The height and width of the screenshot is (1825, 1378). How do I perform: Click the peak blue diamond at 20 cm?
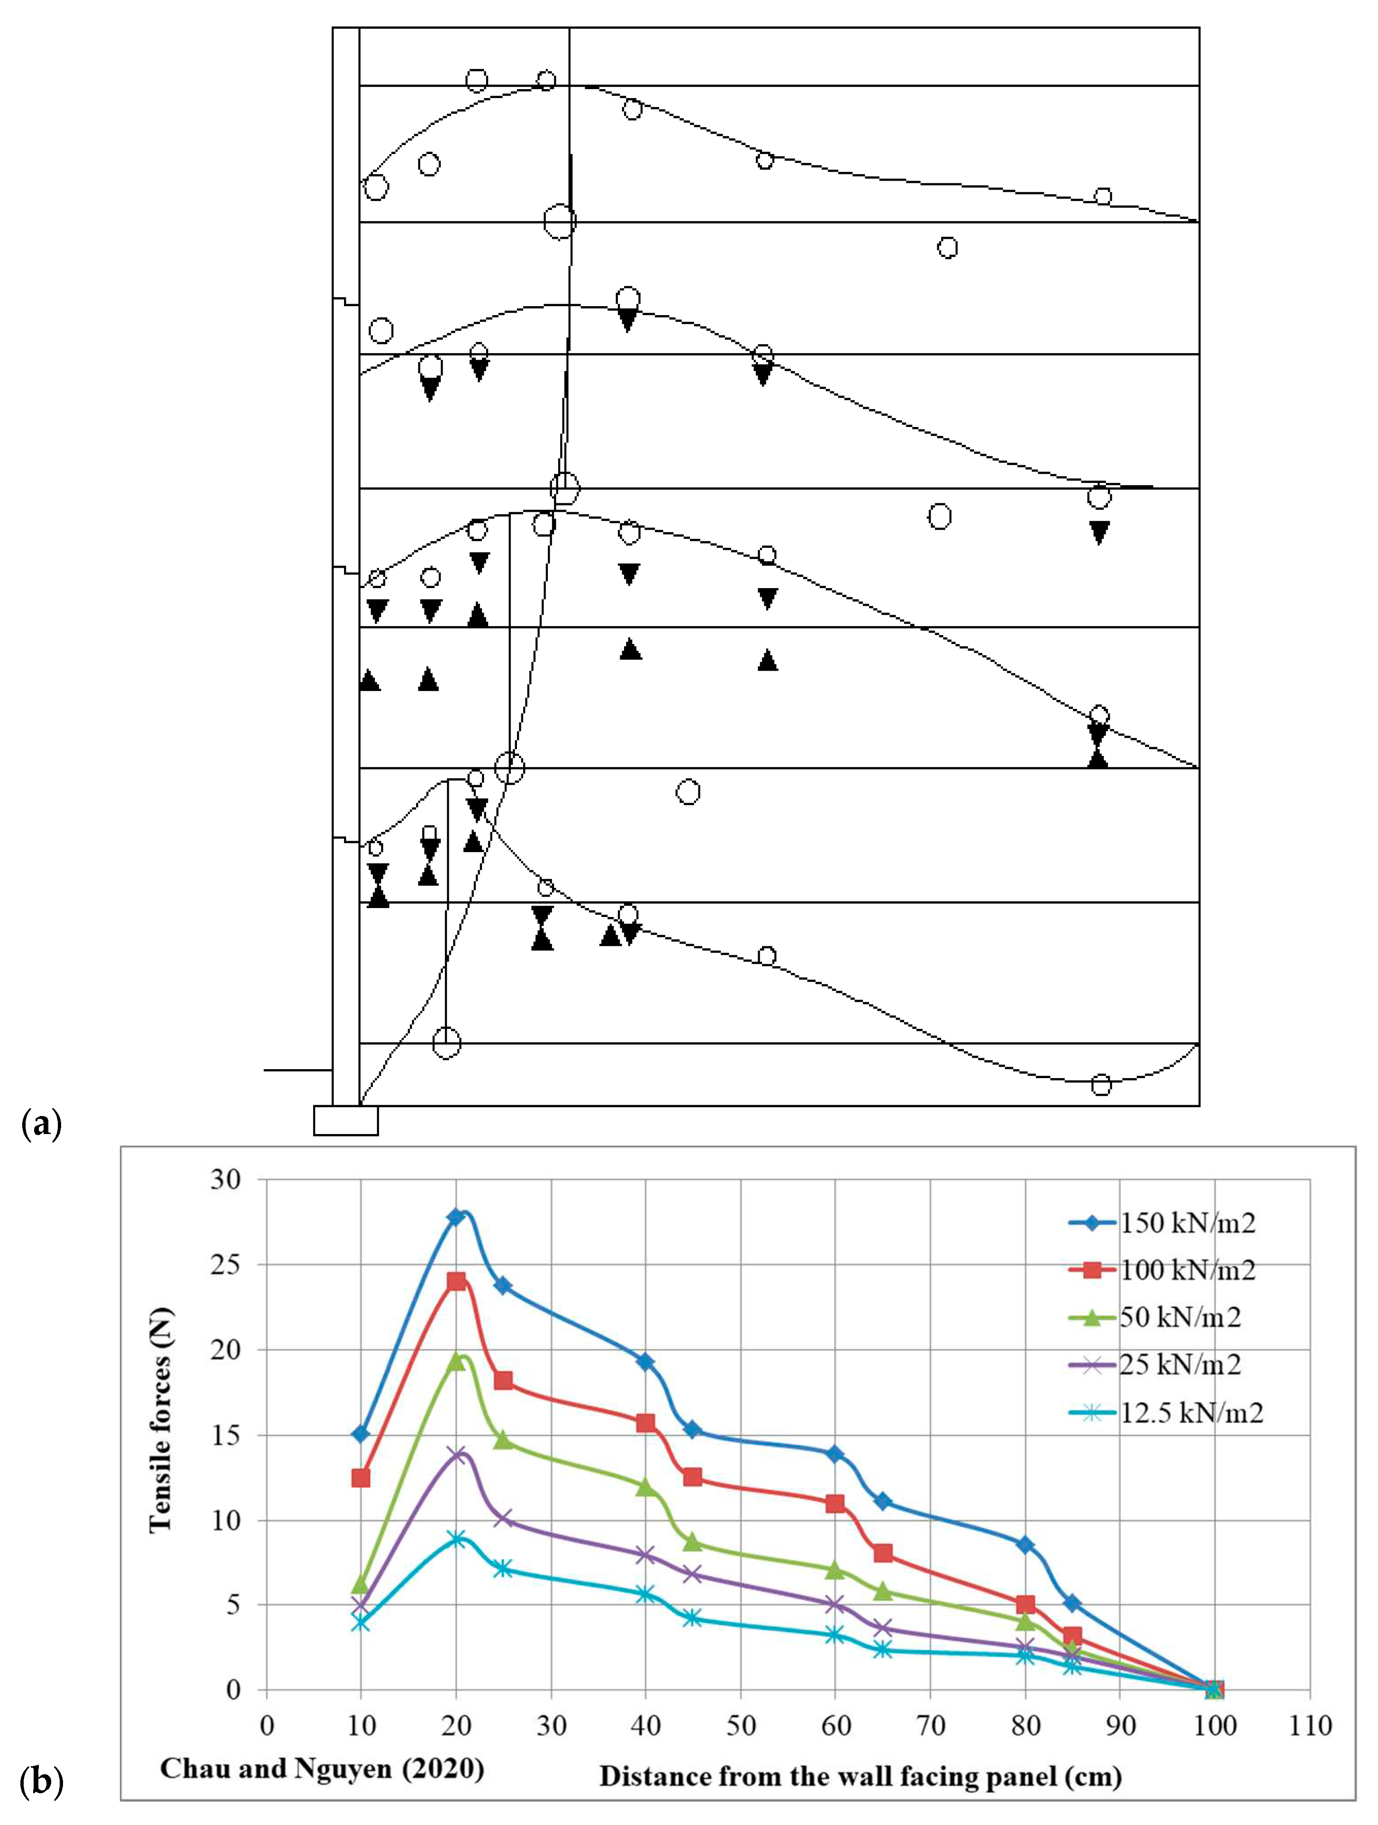click(456, 1217)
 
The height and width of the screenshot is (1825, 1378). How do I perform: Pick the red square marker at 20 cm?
click(456, 1281)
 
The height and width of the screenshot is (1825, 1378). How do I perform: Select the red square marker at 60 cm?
click(835, 1503)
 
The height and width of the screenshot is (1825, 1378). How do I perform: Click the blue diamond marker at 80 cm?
click(1025, 1544)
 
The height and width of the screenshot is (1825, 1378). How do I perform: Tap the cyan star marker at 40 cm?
click(645, 1594)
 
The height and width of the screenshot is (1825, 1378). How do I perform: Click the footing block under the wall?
click(346, 1120)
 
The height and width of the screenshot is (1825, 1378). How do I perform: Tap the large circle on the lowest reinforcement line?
click(446, 1043)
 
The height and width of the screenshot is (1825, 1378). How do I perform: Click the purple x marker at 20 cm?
click(456, 1454)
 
